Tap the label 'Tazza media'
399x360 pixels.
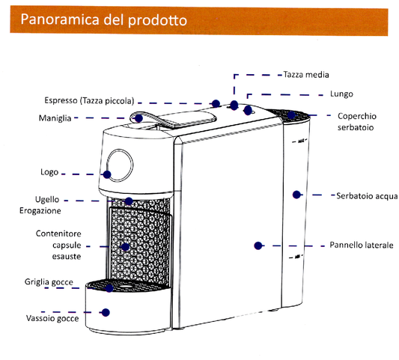tap(306, 75)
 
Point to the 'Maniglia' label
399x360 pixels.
tap(55, 118)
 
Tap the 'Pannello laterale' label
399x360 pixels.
tap(362, 245)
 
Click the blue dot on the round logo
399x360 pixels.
tap(107, 174)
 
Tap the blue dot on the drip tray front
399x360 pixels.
tap(106, 312)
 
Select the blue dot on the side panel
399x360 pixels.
tap(258, 245)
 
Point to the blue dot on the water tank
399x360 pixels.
tap(296, 194)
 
